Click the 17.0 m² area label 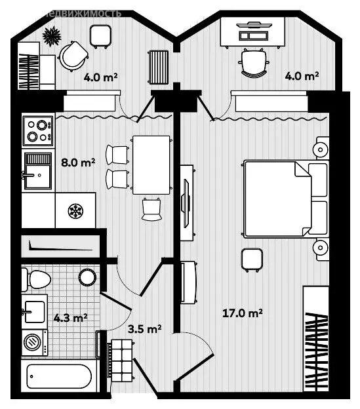243,313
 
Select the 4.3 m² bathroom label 70,319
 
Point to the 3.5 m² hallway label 144,328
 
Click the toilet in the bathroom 37,280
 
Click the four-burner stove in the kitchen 37,130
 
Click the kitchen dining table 151,165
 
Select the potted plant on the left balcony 51,35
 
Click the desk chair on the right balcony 254,63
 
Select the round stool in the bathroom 87,277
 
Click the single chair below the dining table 151,208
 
